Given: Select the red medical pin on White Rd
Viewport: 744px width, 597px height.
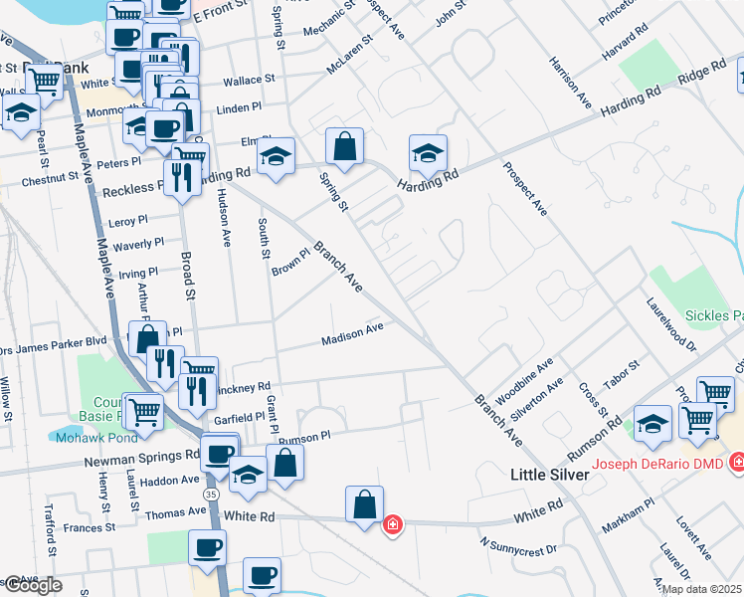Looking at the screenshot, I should click(393, 523).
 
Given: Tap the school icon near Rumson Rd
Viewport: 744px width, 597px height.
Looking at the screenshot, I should click(652, 425).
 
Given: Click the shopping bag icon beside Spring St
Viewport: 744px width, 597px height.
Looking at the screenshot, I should click(344, 146).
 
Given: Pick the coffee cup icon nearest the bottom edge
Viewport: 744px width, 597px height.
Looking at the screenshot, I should click(263, 575).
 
